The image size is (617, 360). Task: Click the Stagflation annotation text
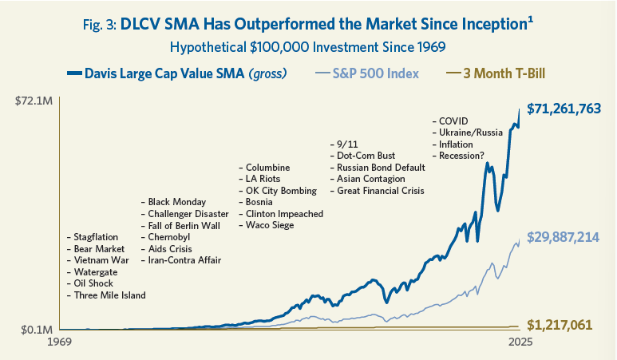coord(93,237)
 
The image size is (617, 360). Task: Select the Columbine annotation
coord(264,168)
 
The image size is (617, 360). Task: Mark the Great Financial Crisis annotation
coord(377,191)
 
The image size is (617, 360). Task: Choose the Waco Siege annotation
coord(267,226)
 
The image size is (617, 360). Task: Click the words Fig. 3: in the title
coord(102,25)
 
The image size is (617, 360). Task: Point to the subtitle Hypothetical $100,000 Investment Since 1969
coord(308,49)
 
